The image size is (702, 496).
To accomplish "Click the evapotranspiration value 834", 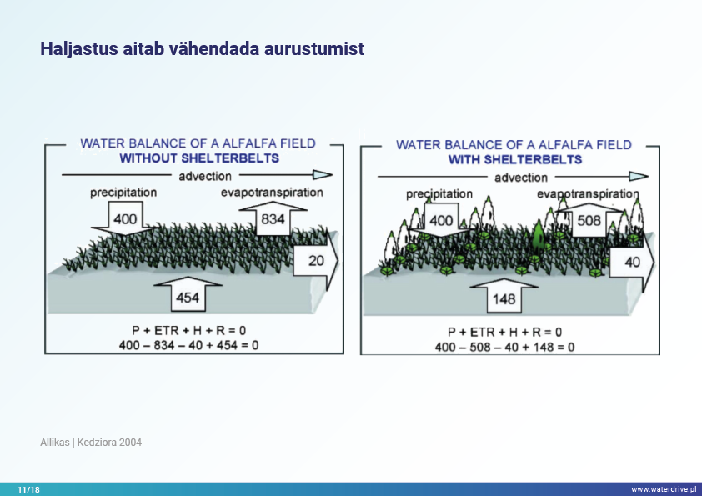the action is (x=273, y=219).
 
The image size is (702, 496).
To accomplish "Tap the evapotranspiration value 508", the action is (x=589, y=220).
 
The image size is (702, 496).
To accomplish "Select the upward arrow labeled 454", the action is (x=188, y=293).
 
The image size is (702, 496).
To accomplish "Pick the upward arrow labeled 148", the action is (x=504, y=295).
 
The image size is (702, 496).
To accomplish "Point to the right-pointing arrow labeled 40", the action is (x=632, y=262).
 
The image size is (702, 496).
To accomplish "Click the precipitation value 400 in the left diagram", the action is (x=125, y=219).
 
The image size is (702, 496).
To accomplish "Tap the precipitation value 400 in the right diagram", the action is (x=441, y=220).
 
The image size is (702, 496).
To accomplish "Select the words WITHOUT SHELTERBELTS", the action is (x=199, y=158).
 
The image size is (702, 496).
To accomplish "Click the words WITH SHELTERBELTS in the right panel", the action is (x=515, y=160).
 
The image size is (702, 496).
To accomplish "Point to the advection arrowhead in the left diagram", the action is (x=323, y=174).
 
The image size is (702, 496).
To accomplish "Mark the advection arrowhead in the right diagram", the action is (x=639, y=177).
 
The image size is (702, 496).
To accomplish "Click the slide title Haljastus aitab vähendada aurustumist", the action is (x=203, y=48).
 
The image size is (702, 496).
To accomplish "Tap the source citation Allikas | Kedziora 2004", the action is (x=91, y=443).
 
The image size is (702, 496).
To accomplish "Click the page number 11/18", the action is (x=28, y=489).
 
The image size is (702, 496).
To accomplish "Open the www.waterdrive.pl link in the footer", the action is (x=664, y=489).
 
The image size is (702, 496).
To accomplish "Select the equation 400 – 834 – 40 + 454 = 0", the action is (x=189, y=345).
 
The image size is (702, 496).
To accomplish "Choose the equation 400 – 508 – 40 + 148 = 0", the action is (x=504, y=347).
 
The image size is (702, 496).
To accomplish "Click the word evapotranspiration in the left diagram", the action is (x=272, y=193).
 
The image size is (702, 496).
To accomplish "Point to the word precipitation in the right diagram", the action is (x=439, y=194).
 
